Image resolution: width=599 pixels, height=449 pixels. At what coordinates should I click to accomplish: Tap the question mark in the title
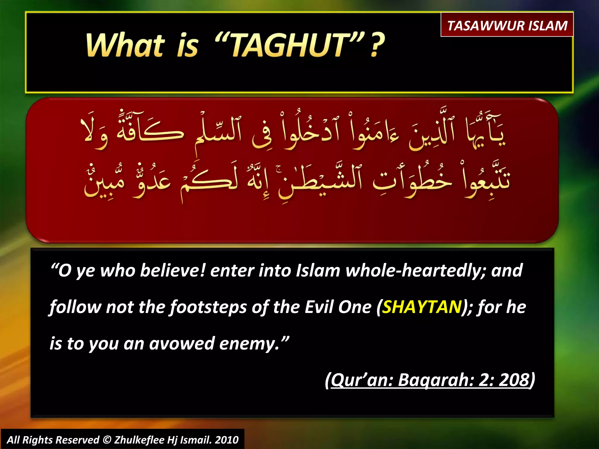point(377,45)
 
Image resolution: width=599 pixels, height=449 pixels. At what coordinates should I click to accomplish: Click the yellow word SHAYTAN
point(422,307)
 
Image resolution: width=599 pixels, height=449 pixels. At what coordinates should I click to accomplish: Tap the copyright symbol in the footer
point(107,440)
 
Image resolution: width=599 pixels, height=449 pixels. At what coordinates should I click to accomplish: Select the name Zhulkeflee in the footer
point(139,440)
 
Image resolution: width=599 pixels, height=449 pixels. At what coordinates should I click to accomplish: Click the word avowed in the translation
point(182,344)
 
